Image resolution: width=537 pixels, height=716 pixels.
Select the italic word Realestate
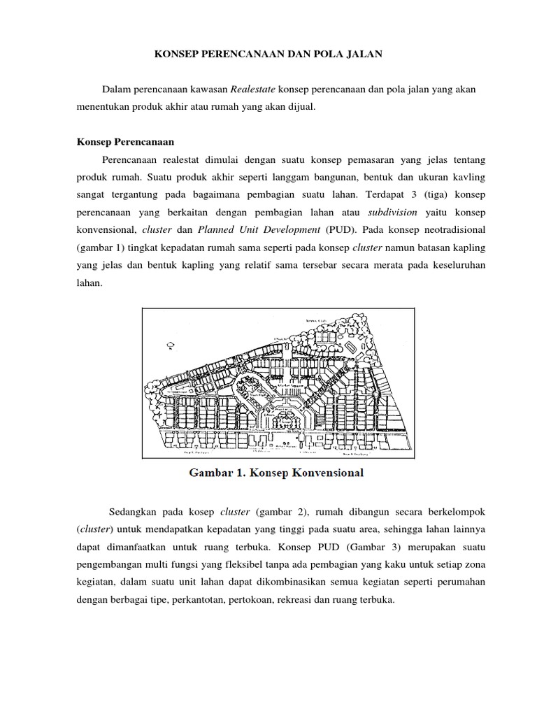pos(253,90)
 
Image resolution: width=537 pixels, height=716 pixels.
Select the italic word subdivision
pos(392,211)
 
